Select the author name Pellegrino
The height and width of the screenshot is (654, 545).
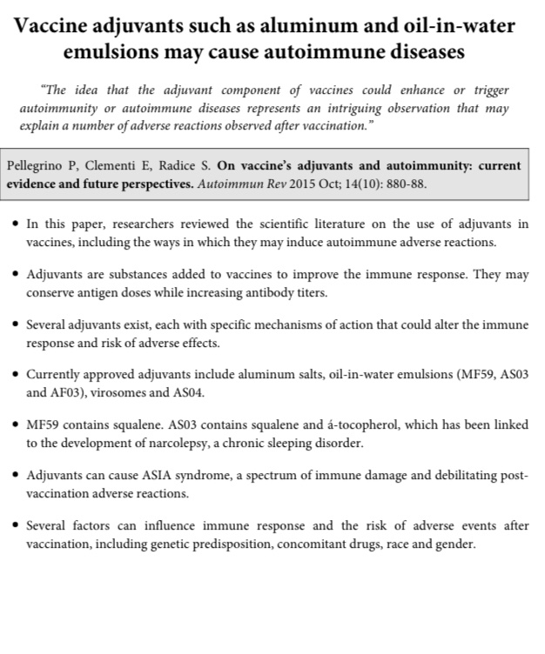pyautogui.click(x=40, y=165)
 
